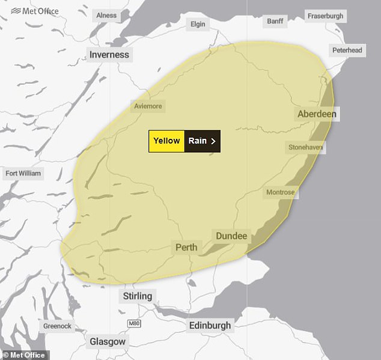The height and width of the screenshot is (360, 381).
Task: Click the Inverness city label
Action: [x=109, y=55]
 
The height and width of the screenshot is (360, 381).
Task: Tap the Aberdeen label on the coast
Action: [x=317, y=114]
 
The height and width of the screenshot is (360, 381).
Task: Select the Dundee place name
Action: [x=231, y=236]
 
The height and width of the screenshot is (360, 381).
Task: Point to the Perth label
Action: [x=186, y=247]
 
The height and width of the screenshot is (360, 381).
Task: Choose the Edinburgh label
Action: [x=210, y=325]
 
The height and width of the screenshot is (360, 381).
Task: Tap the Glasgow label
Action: [x=108, y=341]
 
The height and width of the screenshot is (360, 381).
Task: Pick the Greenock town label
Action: [x=57, y=326]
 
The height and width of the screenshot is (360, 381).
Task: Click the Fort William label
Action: [x=23, y=174]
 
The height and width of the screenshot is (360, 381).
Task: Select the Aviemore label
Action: [x=147, y=106]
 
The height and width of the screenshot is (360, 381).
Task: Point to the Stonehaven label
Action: [x=305, y=147]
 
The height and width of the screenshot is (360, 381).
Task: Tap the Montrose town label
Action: [x=281, y=192]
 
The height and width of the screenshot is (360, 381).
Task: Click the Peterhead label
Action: [x=347, y=50]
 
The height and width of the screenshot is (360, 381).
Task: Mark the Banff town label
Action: [x=275, y=22]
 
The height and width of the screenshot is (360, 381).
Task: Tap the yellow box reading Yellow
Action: [x=166, y=141]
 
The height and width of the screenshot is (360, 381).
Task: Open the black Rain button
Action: [x=202, y=141]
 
